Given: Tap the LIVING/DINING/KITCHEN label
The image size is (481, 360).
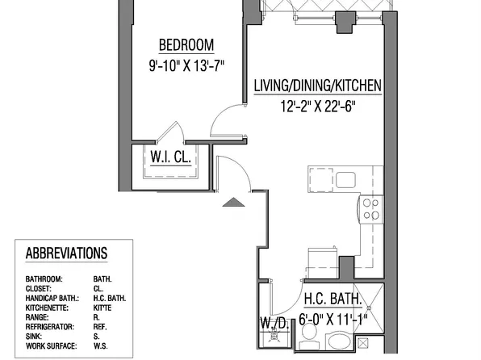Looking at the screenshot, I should (317, 85).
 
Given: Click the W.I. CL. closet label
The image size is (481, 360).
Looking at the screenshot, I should (169, 158).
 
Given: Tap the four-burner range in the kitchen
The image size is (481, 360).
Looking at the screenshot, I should (370, 209).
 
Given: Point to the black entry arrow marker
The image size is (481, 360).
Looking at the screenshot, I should (232, 202).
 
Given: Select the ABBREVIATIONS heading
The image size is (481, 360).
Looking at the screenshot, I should (66, 253).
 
